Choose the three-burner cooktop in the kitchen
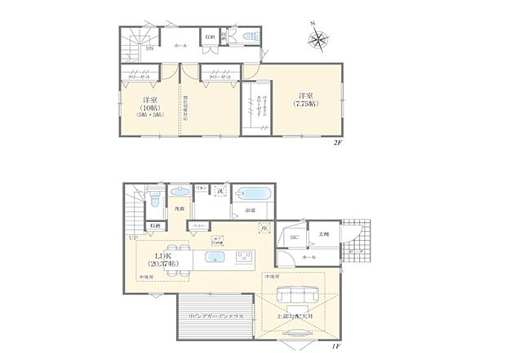(x=246, y=259)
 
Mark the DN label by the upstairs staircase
(x=149, y=50)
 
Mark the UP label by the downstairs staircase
(x=133, y=237)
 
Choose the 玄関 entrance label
(x=324, y=233)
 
